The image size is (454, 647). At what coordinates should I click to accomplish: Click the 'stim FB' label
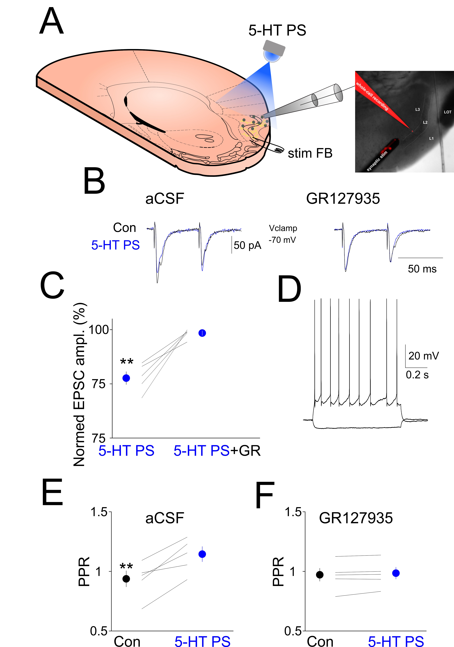coord(310,154)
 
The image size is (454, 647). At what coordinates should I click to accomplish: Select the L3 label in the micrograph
coord(417,109)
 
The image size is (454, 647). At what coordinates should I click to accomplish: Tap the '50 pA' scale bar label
coord(247,245)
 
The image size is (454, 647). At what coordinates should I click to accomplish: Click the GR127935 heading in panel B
coord(343,199)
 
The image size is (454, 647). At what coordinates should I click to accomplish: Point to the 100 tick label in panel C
coord(99,329)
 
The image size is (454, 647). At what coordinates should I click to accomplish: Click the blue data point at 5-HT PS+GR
coord(202,333)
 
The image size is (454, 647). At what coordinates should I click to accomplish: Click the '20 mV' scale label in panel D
coord(423,356)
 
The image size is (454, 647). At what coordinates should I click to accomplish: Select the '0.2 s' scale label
coord(417,375)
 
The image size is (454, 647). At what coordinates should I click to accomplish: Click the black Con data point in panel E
coord(126,579)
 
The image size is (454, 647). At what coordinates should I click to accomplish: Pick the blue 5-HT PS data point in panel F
coord(396,573)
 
